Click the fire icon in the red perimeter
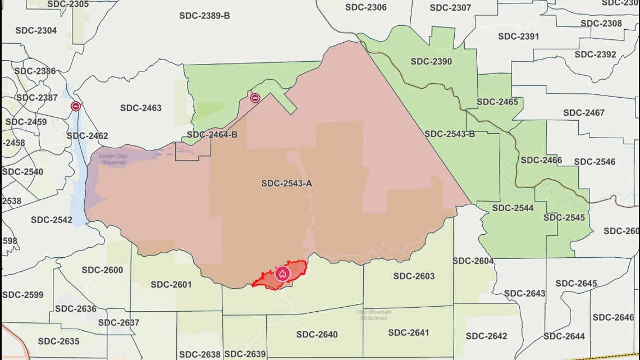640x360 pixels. coord(282,274)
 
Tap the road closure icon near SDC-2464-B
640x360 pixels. coord(255,98)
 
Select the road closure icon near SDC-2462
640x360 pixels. coord(75,106)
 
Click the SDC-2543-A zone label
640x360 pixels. coord(286,184)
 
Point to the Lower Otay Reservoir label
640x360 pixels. coord(113,159)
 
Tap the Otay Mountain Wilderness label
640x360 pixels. coord(373,315)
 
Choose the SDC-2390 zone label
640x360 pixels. coord(431,62)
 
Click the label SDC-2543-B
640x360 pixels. coord(450,134)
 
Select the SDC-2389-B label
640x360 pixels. coord(204,16)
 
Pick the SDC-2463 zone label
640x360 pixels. coord(140,108)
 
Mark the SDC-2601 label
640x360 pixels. coord(171,285)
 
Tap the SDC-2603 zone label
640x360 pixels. coord(414,276)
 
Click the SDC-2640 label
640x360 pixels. coord(317,335)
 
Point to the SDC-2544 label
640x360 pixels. coord(513,208)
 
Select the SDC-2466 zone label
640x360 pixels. coord(541,161)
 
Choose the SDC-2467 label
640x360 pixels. coord(583,113)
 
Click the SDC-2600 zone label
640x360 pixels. coord(102,270)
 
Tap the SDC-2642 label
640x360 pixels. coord(486,336)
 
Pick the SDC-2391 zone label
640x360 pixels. coord(518,37)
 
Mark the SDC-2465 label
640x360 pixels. coord(497,102)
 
